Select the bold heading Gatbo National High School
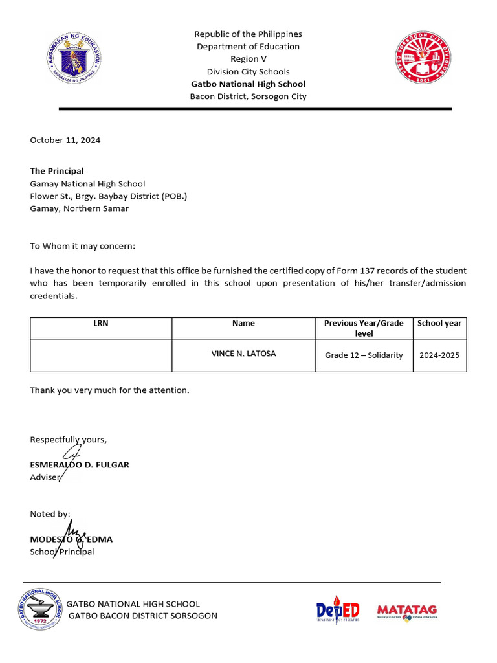[x=248, y=84]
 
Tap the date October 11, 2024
[x=65, y=140]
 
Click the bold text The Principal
[x=57, y=171]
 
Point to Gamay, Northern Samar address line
[x=79, y=208]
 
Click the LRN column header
[x=101, y=323]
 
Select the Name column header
[x=243, y=323]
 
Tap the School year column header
[x=439, y=323]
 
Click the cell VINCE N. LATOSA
[x=243, y=354]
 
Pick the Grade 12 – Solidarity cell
[x=364, y=355]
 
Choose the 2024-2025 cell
[x=439, y=355]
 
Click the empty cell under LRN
[x=101, y=355]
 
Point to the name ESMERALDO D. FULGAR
[x=80, y=465]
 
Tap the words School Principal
[x=62, y=552]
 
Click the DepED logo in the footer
[x=338, y=610]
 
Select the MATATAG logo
[x=407, y=611]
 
